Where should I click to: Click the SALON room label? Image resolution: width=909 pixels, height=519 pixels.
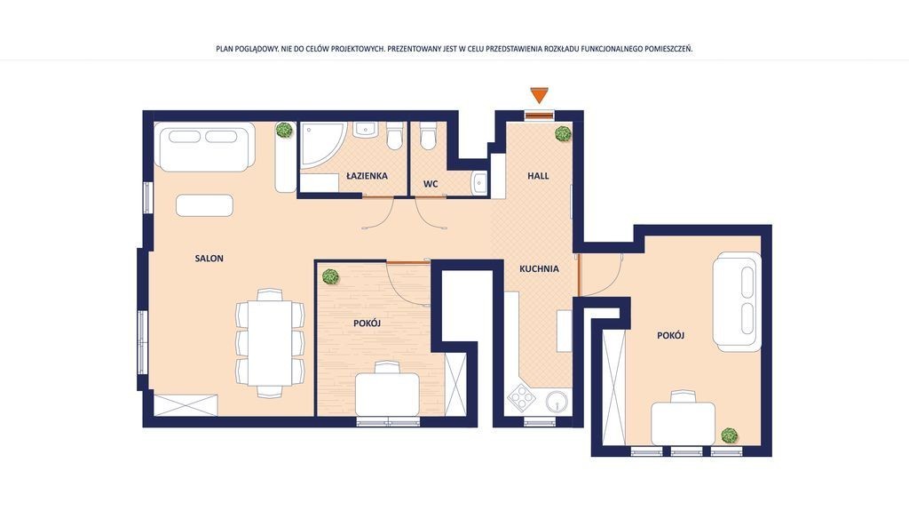click(x=209, y=259)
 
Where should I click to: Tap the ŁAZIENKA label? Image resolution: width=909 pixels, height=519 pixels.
click(x=367, y=175)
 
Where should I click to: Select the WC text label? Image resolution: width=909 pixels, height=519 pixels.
click(x=431, y=184)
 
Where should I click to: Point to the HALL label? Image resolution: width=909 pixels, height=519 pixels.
click(x=538, y=175)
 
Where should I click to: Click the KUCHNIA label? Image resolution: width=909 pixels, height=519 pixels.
click(x=539, y=268)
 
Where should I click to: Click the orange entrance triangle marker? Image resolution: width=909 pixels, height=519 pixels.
click(x=539, y=94)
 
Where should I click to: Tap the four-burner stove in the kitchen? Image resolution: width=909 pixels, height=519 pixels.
click(x=522, y=399)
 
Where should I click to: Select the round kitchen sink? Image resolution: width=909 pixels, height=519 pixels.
click(x=557, y=401)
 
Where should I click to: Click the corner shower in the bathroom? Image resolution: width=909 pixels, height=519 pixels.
click(x=322, y=145)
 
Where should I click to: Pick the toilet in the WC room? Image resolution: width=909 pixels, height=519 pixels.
click(x=428, y=137)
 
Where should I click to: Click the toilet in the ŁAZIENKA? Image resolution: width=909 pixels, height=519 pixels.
click(x=395, y=137)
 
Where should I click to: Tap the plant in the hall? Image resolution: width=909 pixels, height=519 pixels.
click(x=563, y=133)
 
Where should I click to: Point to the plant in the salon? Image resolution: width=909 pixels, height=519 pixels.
click(x=284, y=130)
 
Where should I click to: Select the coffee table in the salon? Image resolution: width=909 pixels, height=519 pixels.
click(x=205, y=205)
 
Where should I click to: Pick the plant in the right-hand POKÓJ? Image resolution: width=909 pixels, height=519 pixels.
click(x=730, y=435)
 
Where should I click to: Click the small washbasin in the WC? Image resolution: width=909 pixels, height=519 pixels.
click(x=480, y=183)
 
